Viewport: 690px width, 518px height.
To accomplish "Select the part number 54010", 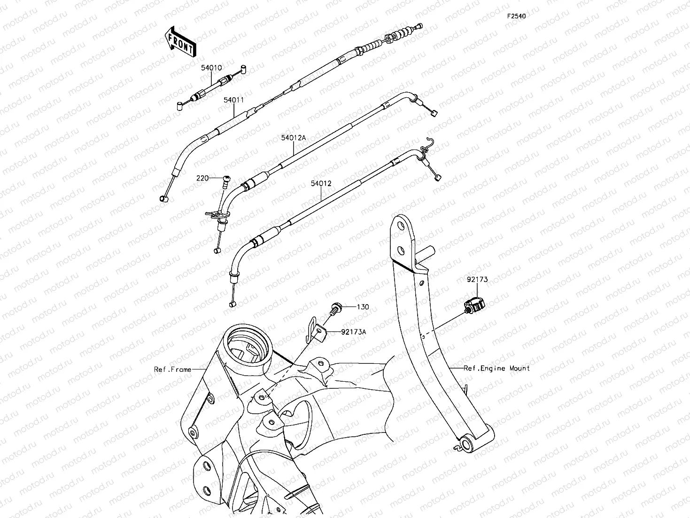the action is point(211,68).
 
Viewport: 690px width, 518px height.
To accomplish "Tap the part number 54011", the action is point(233,100).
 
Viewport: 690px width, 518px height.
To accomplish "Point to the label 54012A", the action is point(293,138).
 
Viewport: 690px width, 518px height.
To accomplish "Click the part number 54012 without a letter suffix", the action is point(321,183).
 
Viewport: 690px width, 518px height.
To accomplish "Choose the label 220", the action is point(202,178).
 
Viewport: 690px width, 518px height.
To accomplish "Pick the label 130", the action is point(363,306).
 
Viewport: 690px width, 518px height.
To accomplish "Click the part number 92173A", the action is point(354,331).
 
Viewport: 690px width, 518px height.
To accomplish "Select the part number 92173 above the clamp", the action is point(477,279).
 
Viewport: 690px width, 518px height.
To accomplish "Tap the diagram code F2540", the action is point(516,16).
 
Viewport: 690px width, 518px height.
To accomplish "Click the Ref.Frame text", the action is point(172,369).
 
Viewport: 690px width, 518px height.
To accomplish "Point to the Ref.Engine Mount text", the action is point(496,368).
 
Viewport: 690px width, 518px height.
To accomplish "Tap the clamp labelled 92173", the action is point(474,305).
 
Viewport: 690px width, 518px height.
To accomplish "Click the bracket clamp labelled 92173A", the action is point(316,330).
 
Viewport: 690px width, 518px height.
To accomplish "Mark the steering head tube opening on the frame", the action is point(248,346).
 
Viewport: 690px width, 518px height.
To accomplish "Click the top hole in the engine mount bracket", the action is point(401,226).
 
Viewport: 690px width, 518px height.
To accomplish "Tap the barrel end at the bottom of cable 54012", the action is point(232,304).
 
